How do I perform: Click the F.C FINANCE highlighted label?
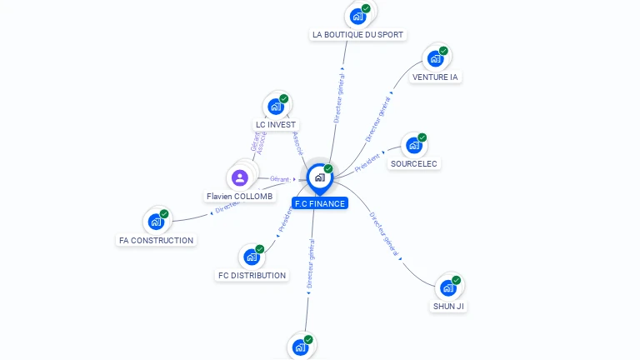tap(320, 203)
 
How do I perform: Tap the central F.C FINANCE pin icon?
tap(319, 177)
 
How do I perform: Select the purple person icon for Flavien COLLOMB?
tap(240, 177)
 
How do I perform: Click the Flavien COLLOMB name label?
tap(240, 197)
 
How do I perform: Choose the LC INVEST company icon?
tap(275, 107)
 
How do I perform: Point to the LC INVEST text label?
tap(276, 125)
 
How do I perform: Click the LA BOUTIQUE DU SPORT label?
tap(357, 35)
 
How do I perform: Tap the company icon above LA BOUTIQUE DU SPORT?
tap(358, 15)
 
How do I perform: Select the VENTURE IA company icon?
tap(435, 58)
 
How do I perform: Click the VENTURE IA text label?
tap(435, 77)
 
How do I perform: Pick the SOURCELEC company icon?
tap(414, 146)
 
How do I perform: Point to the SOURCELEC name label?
tap(414, 164)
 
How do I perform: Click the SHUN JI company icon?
tap(448, 287)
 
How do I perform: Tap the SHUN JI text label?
tap(448, 307)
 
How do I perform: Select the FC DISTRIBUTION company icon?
tap(252, 257)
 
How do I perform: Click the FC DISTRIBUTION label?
tap(252, 276)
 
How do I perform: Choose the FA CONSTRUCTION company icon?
tap(156, 222)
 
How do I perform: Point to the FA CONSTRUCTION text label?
tap(157, 241)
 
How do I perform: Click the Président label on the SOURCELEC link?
tap(367, 162)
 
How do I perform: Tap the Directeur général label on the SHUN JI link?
tap(385, 233)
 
